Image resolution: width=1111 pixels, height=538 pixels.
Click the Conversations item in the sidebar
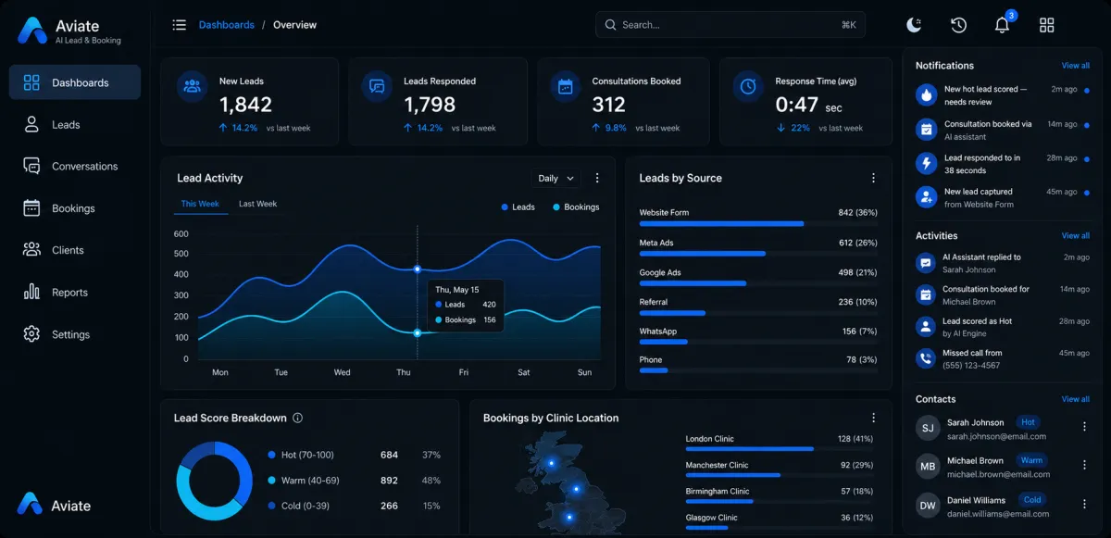tap(70, 166)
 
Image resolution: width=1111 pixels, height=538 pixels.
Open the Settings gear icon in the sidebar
tap(31, 334)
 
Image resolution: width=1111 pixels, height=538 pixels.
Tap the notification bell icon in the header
tap(1002, 25)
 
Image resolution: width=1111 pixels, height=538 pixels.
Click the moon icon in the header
tap(914, 25)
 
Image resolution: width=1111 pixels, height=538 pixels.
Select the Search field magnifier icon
tap(610, 25)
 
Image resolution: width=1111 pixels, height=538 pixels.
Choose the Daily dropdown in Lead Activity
tap(555, 178)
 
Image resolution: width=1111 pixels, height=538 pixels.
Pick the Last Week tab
tap(258, 204)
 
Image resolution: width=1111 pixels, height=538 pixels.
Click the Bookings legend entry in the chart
tap(576, 207)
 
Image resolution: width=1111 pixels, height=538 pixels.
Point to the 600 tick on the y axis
tap(181, 234)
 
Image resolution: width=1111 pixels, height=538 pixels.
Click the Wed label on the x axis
tap(342, 372)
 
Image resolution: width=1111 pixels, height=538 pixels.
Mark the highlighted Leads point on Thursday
tap(418, 269)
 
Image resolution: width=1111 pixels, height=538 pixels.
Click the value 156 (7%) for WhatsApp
tap(859, 332)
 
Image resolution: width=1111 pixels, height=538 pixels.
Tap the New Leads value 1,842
tap(245, 105)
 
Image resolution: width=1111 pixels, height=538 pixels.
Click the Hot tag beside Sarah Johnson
tap(1028, 422)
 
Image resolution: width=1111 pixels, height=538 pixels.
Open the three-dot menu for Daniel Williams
tap(1084, 505)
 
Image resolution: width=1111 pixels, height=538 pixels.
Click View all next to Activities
tap(1075, 235)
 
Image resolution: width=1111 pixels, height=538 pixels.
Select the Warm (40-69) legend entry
tap(304, 481)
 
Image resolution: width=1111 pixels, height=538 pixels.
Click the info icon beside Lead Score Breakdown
tap(297, 418)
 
